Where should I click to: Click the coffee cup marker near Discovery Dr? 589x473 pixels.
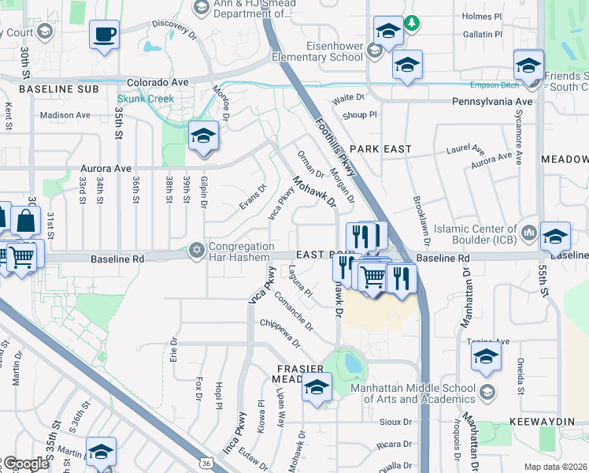(x=104, y=35)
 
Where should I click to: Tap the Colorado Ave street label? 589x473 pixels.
(x=158, y=82)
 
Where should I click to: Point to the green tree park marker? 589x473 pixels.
(x=411, y=24)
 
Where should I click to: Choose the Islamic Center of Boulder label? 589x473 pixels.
(x=472, y=234)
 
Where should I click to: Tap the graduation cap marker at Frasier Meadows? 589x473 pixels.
(x=317, y=387)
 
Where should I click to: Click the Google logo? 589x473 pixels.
(x=25, y=463)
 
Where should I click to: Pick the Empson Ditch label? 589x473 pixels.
(x=493, y=85)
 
